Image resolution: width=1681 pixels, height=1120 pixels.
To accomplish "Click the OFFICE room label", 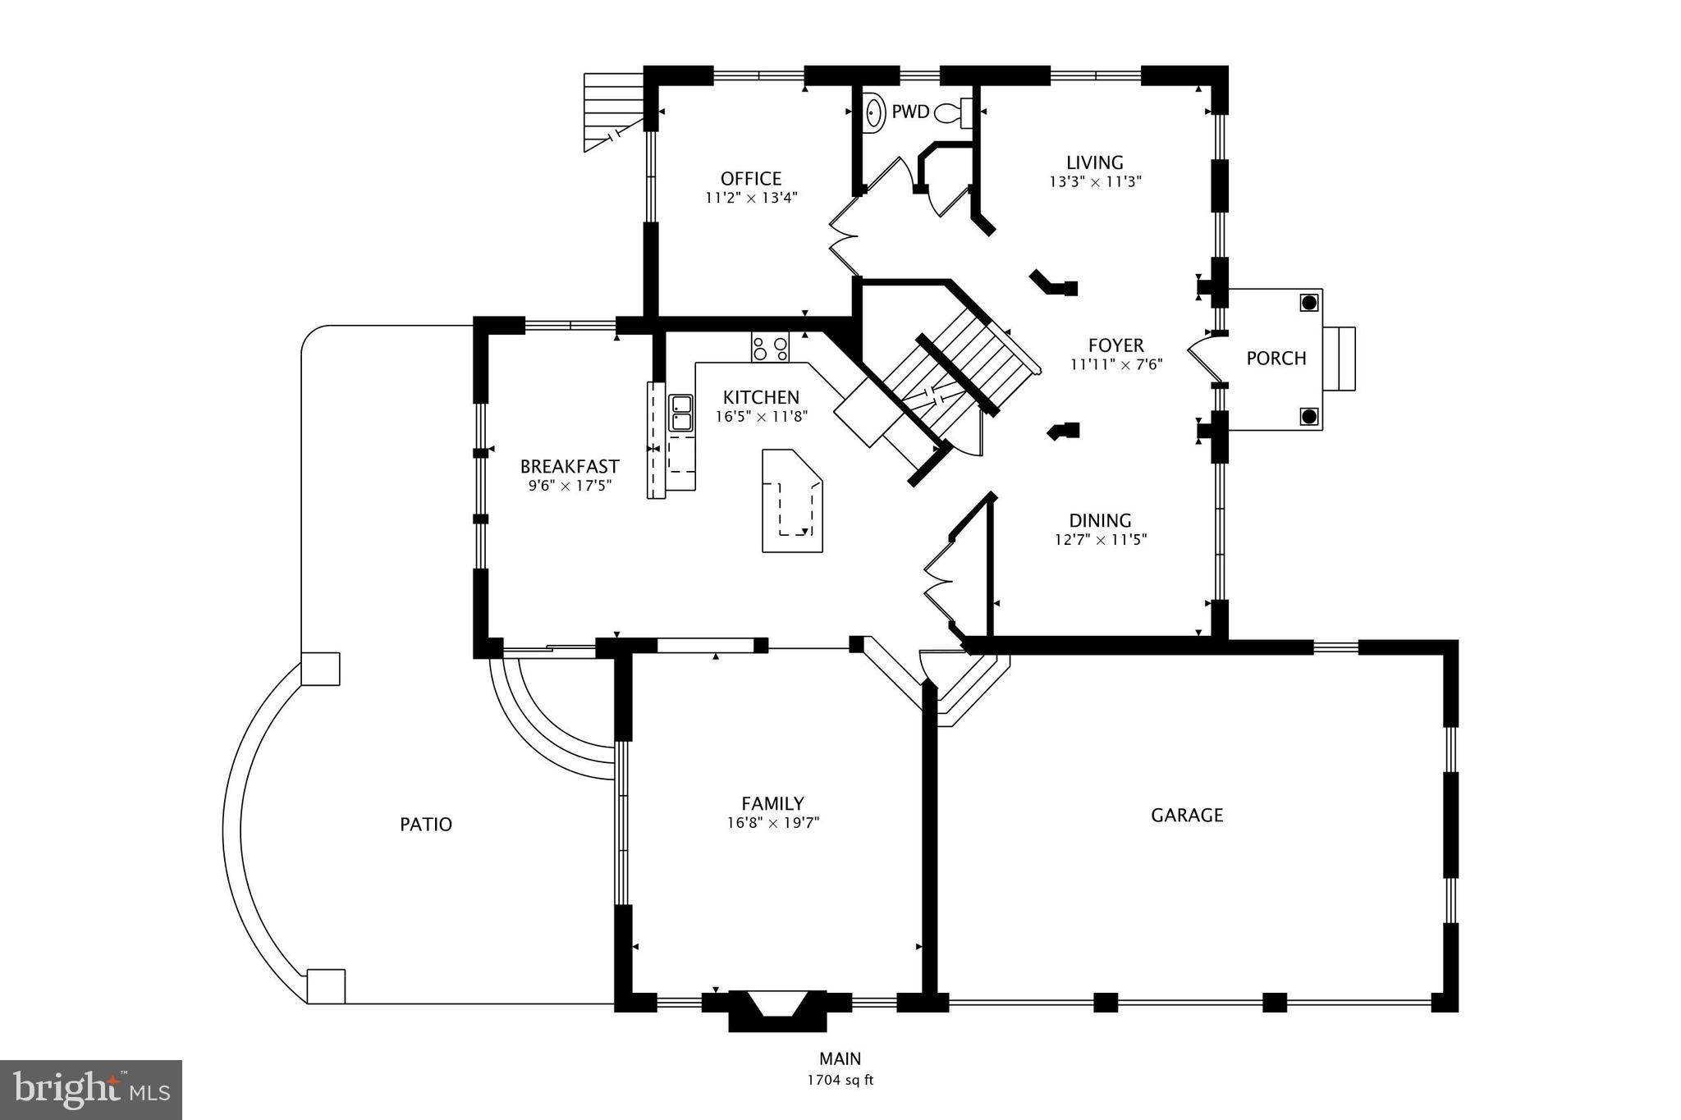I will (x=750, y=179).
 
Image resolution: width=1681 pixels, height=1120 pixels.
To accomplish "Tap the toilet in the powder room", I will (x=952, y=112).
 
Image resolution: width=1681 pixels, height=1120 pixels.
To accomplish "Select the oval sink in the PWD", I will (x=875, y=112).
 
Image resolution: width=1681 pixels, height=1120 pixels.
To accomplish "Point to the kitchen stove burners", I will (x=770, y=348).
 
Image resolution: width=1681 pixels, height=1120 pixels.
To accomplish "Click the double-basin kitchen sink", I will (x=680, y=413).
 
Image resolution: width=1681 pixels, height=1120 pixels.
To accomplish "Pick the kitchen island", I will (x=790, y=501).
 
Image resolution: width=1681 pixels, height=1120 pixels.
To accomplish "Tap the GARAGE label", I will (x=1186, y=815).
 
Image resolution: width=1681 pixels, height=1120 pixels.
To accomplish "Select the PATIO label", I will (x=425, y=824).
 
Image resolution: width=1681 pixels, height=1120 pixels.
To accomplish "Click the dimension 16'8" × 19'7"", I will (x=772, y=823).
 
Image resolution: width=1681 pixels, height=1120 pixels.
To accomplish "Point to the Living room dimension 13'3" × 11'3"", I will (x=1095, y=182).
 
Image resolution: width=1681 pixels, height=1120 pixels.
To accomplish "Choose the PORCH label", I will (x=1276, y=359).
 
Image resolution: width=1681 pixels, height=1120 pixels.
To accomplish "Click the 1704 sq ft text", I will (x=840, y=1080).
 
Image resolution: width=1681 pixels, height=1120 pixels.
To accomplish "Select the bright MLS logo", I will (x=91, y=1090).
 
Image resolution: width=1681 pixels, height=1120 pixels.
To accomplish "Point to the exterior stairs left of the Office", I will (x=611, y=111).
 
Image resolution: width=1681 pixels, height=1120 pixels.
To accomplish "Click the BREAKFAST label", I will (x=570, y=467).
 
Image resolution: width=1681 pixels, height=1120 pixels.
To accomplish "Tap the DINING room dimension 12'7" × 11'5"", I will (x=1100, y=540).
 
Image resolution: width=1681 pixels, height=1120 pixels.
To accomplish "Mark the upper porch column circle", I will (x=1308, y=303).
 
